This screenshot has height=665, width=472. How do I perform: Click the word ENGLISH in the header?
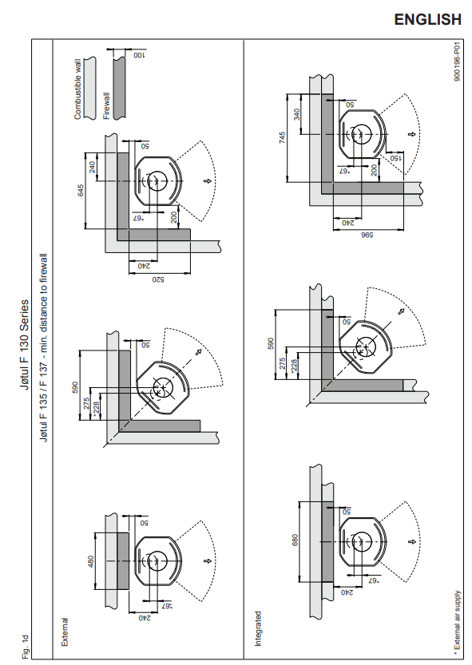[x=427, y=19]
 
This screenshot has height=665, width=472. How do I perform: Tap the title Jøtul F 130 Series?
[x=25, y=345]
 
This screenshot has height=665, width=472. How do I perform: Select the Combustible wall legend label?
[x=77, y=93]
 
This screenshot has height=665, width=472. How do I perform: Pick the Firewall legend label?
[x=106, y=106]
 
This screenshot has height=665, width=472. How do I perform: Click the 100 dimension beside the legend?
[x=139, y=56]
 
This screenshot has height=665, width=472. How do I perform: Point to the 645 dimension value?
[x=81, y=190]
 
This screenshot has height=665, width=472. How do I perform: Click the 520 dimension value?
[x=158, y=279]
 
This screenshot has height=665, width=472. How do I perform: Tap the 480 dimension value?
[x=90, y=561]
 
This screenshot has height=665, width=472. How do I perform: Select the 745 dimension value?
[x=282, y=138]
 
